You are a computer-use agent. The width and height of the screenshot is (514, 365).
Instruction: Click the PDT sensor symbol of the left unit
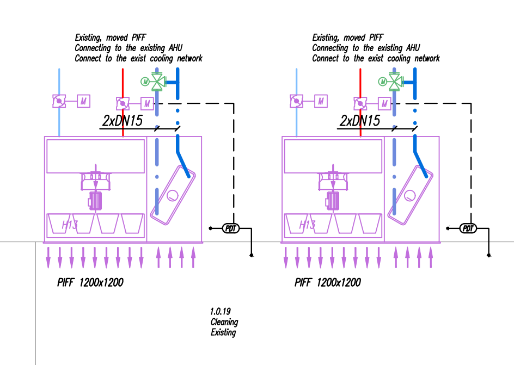[231, 228]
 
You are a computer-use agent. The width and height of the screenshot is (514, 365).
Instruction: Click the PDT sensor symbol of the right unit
[468, 228]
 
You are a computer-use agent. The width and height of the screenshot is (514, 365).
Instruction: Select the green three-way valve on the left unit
[158, 81]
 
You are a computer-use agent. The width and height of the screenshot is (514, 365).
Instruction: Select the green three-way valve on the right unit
[396, 81]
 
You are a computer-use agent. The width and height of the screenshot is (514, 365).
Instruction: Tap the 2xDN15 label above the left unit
[123, 121]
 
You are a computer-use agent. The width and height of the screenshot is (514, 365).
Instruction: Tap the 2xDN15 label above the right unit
[359, 121]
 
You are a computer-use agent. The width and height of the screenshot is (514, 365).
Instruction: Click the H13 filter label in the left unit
[70, 225]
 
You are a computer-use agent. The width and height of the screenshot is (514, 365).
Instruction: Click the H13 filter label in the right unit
[307, 225]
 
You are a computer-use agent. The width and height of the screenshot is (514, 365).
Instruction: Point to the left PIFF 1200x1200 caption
[90, 282]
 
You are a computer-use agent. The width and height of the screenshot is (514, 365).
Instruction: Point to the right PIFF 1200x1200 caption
[327, 282]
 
